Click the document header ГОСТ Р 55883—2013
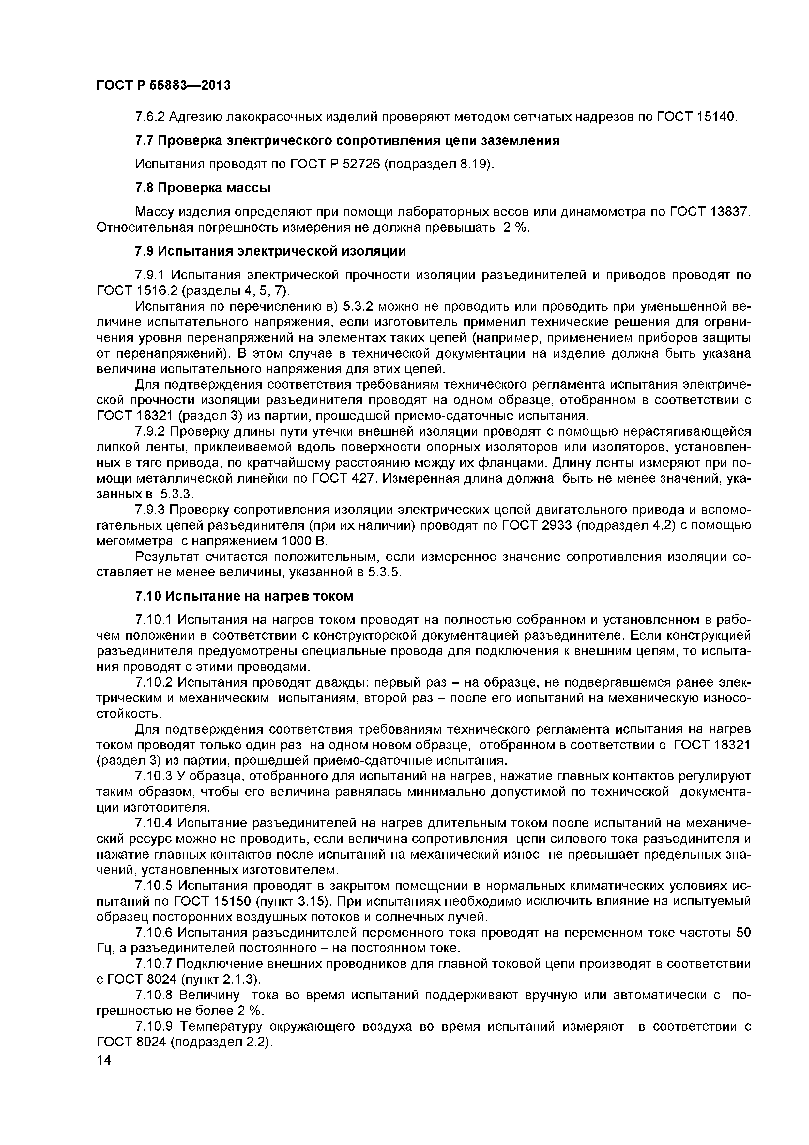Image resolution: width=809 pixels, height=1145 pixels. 163,85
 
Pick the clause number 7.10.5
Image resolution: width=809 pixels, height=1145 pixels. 154,886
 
